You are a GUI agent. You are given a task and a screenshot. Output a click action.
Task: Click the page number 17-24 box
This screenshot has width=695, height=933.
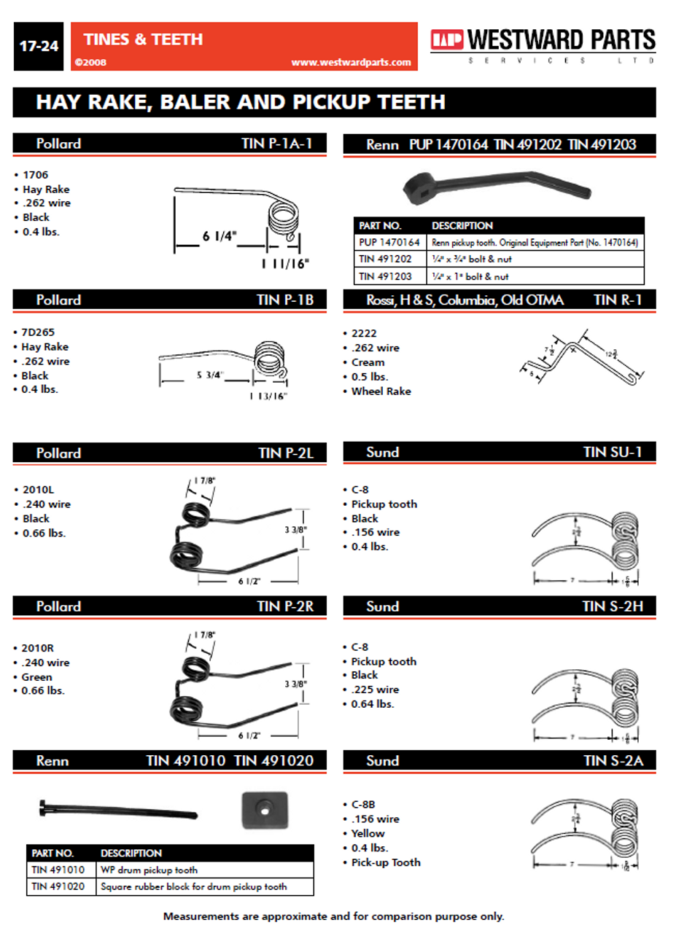click(x=39, y=46)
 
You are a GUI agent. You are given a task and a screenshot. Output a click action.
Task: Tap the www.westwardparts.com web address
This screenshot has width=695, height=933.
click(x=351, y=63)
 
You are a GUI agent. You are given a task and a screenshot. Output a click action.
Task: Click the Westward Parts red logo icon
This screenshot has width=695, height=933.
click(x=446, y=39)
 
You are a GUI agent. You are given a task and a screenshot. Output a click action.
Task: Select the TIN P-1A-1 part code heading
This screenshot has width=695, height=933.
click(x=276, y=144)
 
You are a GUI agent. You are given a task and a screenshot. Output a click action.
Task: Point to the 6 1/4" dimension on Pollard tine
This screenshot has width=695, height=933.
click(x=219, y=236)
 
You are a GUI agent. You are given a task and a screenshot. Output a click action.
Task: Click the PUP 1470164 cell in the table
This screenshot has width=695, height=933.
click(x=389, y=242)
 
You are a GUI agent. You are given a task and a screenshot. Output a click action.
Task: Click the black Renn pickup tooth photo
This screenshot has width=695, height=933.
click(x=496, y=186)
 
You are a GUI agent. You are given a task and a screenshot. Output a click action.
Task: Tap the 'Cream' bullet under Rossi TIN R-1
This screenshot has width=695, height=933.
click(x=368, y=362)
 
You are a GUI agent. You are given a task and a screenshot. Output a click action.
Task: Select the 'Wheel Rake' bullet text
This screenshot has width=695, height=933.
click(x=381, y=391)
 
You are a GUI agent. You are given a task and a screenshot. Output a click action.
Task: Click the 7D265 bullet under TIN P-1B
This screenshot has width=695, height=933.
click(x=38, y=332)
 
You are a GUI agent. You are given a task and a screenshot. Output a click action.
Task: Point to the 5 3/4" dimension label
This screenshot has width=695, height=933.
click(x=209, y=375)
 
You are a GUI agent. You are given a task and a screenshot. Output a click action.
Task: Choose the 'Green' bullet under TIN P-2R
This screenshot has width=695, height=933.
click(x=36, y=677)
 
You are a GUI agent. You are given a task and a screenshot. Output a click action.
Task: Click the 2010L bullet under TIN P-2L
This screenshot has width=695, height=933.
click(x=38, y=490)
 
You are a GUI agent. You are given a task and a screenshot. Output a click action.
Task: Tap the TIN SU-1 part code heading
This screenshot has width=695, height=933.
click(x=613, y=453)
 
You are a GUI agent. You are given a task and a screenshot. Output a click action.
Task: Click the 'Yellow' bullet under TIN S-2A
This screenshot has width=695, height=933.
click(x=368, y=834)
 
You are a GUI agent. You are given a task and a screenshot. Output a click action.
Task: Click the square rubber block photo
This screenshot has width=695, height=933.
click(x=265, y=810)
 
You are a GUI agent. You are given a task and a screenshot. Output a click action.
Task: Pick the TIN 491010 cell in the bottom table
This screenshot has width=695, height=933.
click(x=58, y=870)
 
